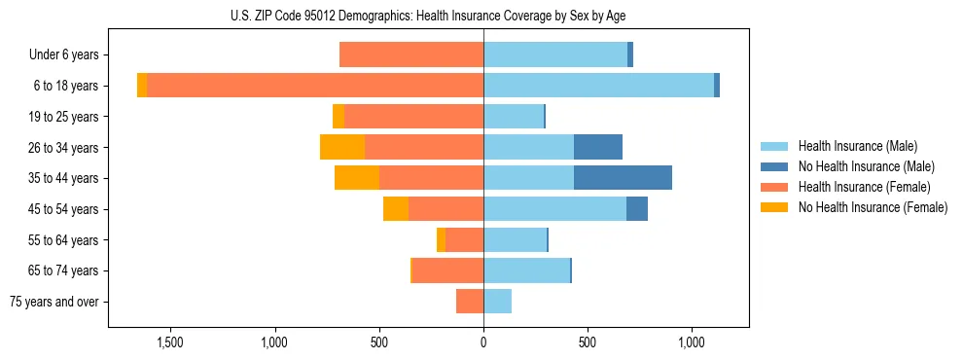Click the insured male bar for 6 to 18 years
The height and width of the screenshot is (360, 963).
pos(598,86)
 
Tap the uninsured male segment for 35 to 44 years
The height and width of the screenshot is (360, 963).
pos(623,178)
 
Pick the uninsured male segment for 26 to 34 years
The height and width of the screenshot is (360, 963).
pos(597,147)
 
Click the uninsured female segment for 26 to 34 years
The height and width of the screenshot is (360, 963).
pos(342,147)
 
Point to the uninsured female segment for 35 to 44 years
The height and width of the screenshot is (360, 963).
pos(357,178)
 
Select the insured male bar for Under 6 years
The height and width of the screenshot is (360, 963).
pos(555,54)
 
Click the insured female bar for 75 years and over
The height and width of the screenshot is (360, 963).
pos(470,302)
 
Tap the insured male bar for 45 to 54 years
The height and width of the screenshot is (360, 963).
pos(554,209)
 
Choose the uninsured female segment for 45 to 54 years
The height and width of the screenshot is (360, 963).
pos(396,209)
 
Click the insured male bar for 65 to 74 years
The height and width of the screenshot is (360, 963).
pos(526,270)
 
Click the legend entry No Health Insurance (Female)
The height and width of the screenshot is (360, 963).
pos(873,207)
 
